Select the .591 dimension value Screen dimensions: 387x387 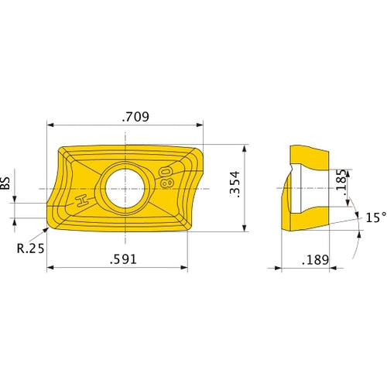tap(124, 259)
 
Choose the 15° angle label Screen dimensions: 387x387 tap(375, 217)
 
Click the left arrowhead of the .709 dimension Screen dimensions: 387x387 tap(50, 125)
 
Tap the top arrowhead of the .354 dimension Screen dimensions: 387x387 tap(245, 147)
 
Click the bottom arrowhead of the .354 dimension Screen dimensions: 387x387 tap(245, 228)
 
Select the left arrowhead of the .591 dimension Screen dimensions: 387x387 tap(50, 268)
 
